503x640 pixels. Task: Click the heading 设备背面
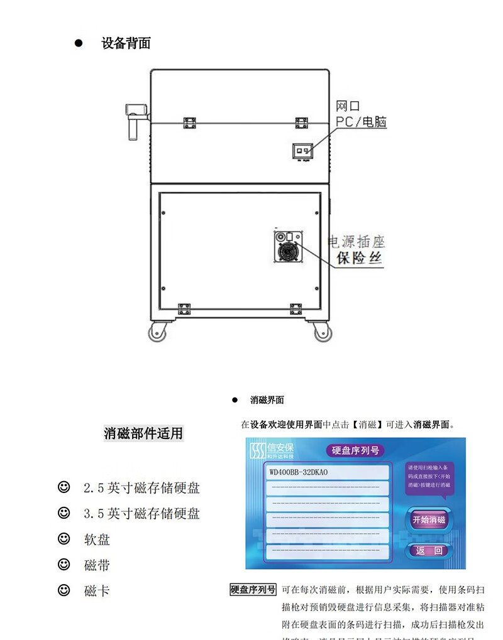126,43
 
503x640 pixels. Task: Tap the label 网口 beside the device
348,106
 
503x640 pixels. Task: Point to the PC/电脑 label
361,122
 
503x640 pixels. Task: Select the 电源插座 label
357,242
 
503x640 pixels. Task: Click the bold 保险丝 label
359,258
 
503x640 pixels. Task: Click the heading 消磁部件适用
143,433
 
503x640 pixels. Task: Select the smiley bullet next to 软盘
64,539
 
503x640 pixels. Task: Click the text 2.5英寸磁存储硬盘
141,488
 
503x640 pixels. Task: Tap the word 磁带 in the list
97,565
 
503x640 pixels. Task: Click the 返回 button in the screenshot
429,551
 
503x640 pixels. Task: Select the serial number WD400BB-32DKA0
299,472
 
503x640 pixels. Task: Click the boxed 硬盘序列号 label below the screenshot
253,590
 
